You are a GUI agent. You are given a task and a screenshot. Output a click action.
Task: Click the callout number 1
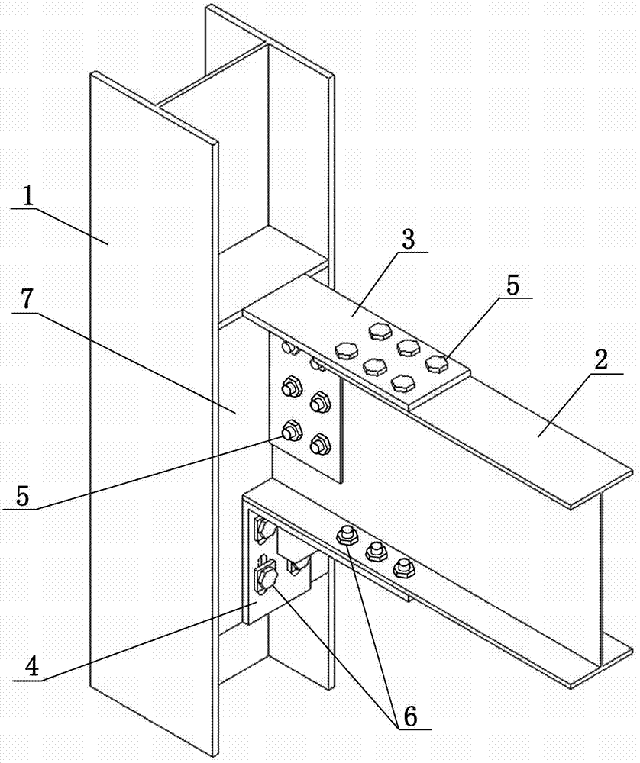[x=28, y=197]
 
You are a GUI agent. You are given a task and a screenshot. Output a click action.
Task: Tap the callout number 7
[x=27, y=301]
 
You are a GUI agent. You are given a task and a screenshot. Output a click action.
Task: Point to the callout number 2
[x=600, y=361]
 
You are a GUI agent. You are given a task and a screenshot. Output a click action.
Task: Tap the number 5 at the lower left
[x=23, y=496]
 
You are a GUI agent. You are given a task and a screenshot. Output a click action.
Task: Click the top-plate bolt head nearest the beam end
[x=437, y=363]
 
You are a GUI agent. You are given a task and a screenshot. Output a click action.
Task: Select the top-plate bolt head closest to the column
[x=346, y=350]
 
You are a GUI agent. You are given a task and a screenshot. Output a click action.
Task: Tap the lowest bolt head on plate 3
[x=402, y=382]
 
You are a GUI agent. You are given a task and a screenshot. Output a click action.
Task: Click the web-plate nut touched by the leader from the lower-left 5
[x=292, y=430]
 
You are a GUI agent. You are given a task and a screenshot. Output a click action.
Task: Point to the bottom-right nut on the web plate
[x=320, y=444]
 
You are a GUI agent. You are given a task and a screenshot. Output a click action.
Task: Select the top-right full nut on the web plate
[x=320, y=402]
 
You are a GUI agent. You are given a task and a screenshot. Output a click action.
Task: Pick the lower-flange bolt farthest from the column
[x=404, y=567]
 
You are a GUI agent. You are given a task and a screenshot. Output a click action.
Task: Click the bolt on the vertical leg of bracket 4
[x=266, y=578]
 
